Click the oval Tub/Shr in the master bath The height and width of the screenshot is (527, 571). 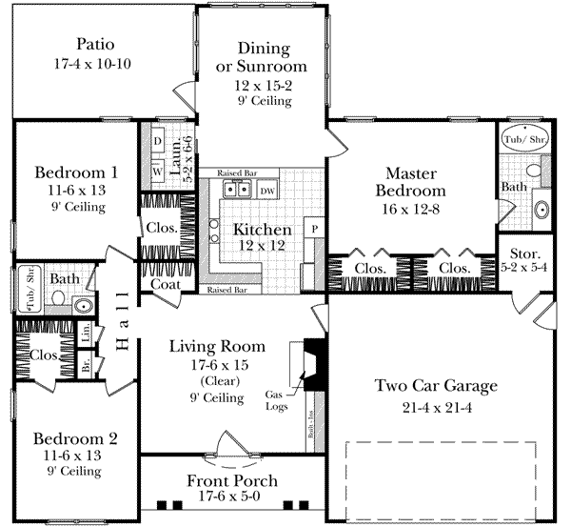pyautogui.click(x=525, y=140)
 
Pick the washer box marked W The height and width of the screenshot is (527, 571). pyautogui.click(x=157, y=172)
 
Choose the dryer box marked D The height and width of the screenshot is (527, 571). pyautogui.click(x=157, y=141)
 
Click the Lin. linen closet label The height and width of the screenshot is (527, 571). pyautogui.click(x=86, y=335)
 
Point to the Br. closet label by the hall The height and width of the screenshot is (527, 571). pyautogui.click(x=86, y=366)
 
